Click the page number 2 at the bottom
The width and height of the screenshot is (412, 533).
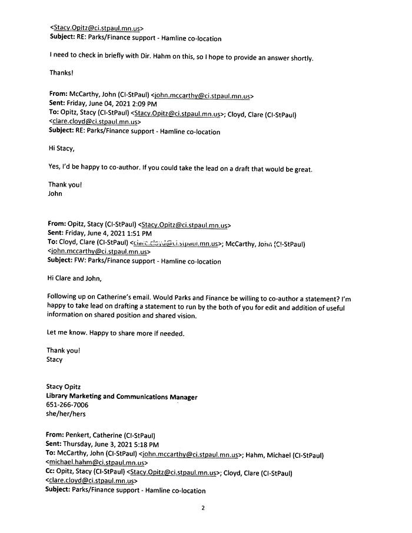click(202, 509)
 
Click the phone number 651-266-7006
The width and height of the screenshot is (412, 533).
click(67, 405)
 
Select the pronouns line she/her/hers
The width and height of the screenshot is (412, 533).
click(66, 414)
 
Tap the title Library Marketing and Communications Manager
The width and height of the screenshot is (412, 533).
click(122, 397)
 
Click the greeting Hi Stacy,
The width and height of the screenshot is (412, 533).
click(61, 149)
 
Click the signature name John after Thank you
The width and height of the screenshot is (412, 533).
click(55, 193)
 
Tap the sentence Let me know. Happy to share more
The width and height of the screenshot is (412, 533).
click(115, 333)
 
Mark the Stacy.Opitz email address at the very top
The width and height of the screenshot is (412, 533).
click(97, 28)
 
